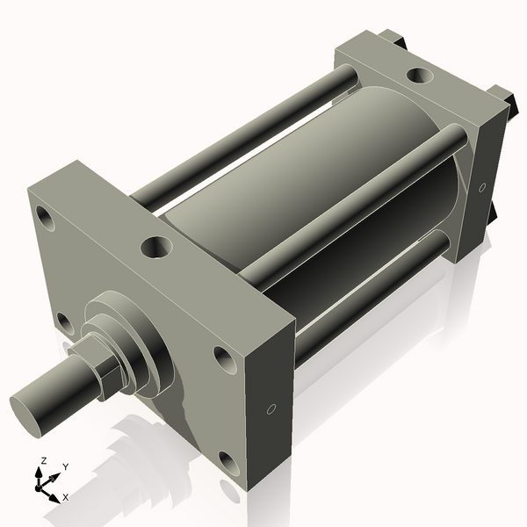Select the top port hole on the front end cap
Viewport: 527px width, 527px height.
pos(157,247)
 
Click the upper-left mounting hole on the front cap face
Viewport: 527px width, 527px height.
pos(44,216)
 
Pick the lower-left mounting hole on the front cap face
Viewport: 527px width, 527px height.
pos(64,323)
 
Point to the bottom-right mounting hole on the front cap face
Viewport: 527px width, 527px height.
pos(227,462)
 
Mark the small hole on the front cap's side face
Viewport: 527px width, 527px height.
pos(271,408)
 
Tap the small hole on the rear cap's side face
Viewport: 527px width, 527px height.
pos(481,186)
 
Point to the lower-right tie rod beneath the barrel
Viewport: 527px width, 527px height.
pos(369,290)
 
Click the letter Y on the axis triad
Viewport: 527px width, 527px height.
pos(65,466)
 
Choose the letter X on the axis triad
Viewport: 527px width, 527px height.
pos(65,497)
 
